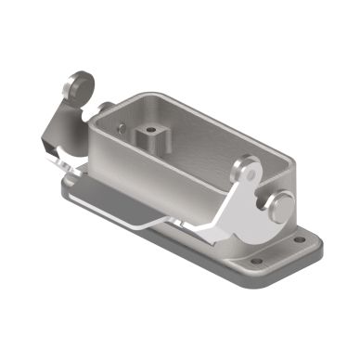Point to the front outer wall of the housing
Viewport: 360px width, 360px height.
(x=158, y=176)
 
